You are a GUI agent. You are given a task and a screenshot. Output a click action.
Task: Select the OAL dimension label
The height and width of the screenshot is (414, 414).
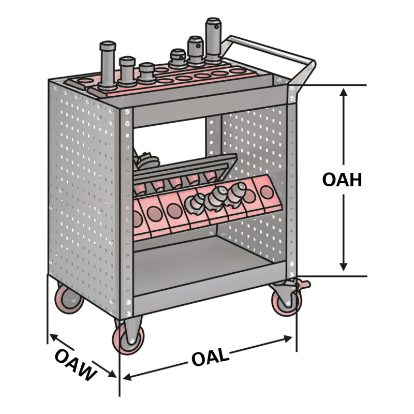(x=210, y=357)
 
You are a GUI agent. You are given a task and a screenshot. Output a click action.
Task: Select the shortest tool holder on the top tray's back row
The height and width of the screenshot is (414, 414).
(x=178, y=58)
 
